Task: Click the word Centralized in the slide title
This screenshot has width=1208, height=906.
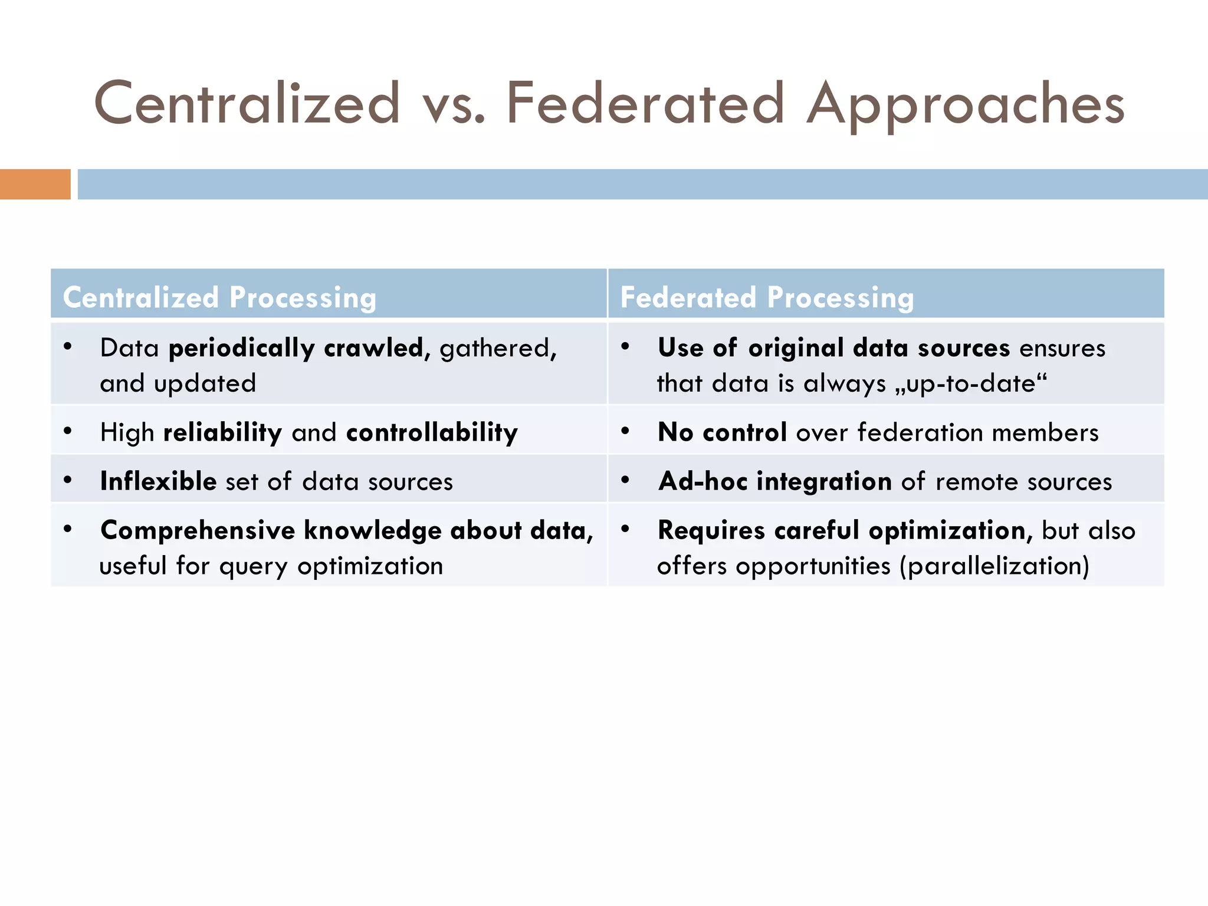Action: click(x=247, y=104)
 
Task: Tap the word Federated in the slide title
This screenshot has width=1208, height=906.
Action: click(x=645, y=104)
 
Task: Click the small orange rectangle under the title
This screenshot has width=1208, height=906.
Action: click(x=35, y=184)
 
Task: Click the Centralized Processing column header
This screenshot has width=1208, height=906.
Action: click(x=219, y=297)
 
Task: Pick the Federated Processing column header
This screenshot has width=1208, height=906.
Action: click(x=767, y=297)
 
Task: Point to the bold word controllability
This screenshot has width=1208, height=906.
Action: click(x=432, y=432)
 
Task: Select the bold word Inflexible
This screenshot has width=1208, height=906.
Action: click(x=158, y=481)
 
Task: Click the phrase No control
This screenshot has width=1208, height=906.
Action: click(x=722, y=432)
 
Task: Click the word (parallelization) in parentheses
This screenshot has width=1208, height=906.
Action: click(x=994, y=566)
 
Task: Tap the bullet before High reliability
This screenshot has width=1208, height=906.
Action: click(x=68, y=431)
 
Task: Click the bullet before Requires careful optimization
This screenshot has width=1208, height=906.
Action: click(x=625, y=528)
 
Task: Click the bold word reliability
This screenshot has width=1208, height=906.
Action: click(x=222, y=432)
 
